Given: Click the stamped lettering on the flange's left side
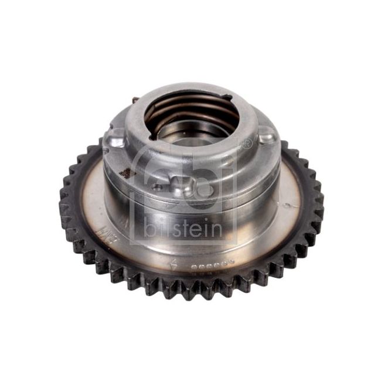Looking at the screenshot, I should tap(108, 223).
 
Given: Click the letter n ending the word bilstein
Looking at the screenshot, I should tap(217, 228).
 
